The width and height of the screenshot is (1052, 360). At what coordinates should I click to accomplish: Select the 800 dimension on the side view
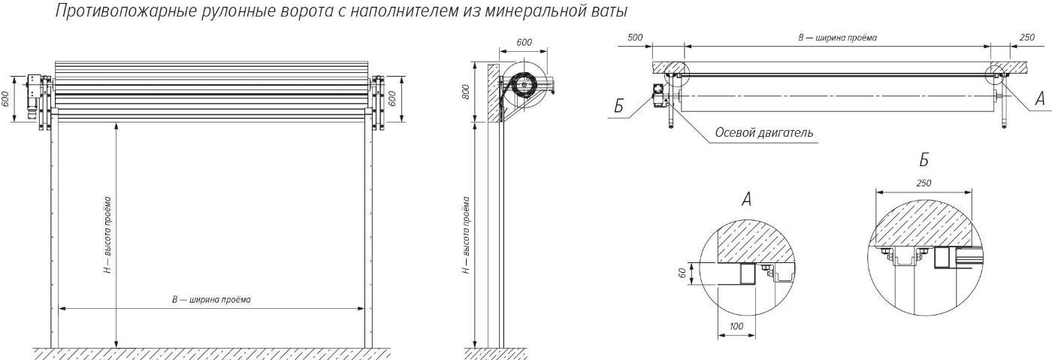click(465, 93)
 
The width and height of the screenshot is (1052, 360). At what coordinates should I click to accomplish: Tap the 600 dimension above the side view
click(524, 42)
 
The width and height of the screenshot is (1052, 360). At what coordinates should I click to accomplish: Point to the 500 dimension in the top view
click(635, 38)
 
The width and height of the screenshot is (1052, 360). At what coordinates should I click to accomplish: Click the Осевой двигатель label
click(763, 133)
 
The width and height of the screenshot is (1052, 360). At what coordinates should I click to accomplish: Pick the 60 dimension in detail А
click(682, 273)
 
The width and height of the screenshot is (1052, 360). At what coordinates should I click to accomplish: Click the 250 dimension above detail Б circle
click(924, 183)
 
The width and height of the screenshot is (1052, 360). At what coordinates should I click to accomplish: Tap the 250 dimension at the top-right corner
click(1027, 38)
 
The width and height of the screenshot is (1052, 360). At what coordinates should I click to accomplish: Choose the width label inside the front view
click(211, 299)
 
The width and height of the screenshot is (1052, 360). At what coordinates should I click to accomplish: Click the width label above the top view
click(837, 38)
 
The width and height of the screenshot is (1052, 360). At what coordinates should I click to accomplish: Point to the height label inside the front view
click(108, 235)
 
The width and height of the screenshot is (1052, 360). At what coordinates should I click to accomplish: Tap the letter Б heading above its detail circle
click(924, 161)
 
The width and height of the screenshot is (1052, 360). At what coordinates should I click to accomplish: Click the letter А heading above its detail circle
click(746, 199)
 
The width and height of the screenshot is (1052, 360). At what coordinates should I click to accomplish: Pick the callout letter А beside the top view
click(1040, 99)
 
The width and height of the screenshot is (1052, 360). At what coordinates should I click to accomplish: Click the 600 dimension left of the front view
click(5, 98)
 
